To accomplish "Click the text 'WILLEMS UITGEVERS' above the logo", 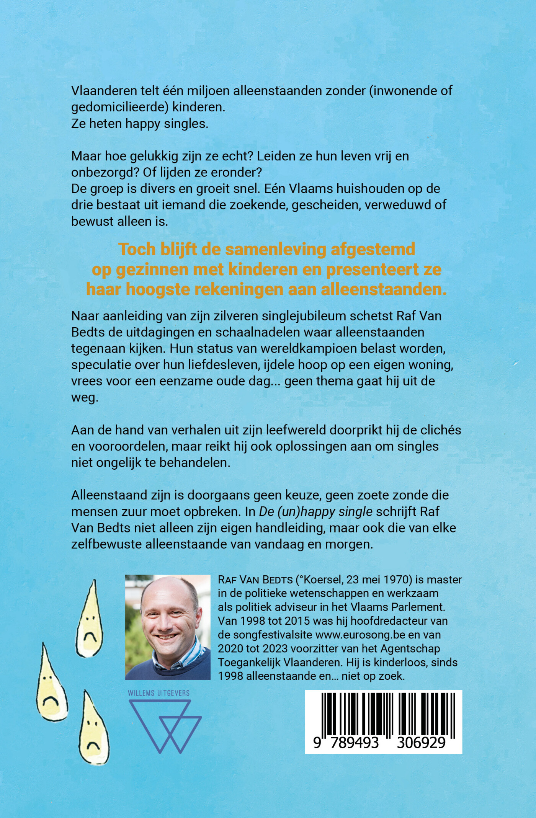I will coord(159,693).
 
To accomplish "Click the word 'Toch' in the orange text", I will coord(137,249).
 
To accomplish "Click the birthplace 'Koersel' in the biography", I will coord(321,580).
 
